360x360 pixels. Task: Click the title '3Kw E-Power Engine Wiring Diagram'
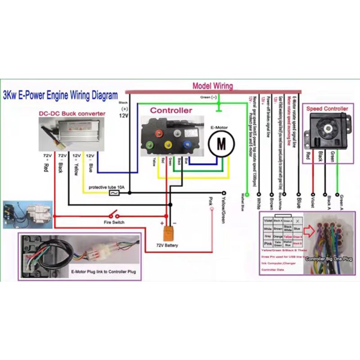60,95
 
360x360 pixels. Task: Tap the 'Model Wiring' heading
213,86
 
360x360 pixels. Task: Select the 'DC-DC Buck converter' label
72,113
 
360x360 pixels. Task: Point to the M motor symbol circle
221,143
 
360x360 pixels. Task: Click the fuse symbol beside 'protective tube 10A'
115,193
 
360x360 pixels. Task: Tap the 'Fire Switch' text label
114,222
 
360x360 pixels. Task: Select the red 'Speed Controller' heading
327,108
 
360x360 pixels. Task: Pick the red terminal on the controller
158,134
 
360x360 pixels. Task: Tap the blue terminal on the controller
186,145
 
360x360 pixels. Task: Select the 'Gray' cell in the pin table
268,236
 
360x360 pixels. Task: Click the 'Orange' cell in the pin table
278,236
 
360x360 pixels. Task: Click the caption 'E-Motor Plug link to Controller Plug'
103,272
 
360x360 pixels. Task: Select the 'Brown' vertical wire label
271,202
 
